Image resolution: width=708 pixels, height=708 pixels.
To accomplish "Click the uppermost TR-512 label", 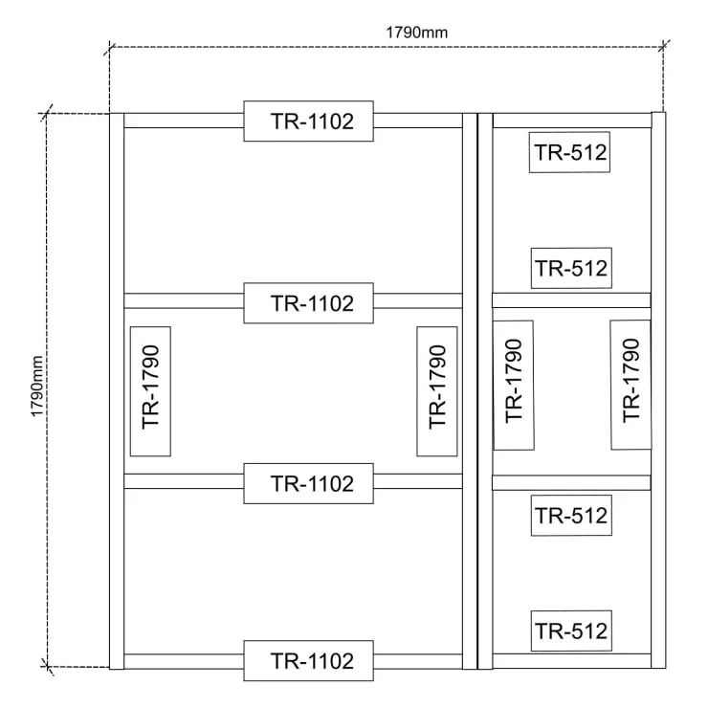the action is tap(569, 152).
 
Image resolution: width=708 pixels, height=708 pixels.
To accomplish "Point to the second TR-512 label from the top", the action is tap(571, 268).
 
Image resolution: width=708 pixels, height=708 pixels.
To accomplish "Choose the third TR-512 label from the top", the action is tap(571, 515).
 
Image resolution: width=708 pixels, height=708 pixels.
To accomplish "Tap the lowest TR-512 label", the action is tap(571, 631).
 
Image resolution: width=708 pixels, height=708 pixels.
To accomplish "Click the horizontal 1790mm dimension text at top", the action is tap(417, 33).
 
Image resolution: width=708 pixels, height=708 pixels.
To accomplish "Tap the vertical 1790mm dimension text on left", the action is tap(37, 387).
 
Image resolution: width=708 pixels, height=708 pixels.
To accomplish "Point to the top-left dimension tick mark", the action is tap(109, 48).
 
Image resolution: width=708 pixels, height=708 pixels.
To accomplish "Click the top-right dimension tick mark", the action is tap(663, 46).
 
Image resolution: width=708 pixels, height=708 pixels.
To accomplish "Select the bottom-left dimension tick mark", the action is tap(47, 667).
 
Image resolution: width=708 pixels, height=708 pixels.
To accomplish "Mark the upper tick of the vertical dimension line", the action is tap(46, 113).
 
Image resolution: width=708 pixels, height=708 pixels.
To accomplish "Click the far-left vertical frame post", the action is tap(117, 391).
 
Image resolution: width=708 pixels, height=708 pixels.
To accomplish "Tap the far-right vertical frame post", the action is tap(658, 390).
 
